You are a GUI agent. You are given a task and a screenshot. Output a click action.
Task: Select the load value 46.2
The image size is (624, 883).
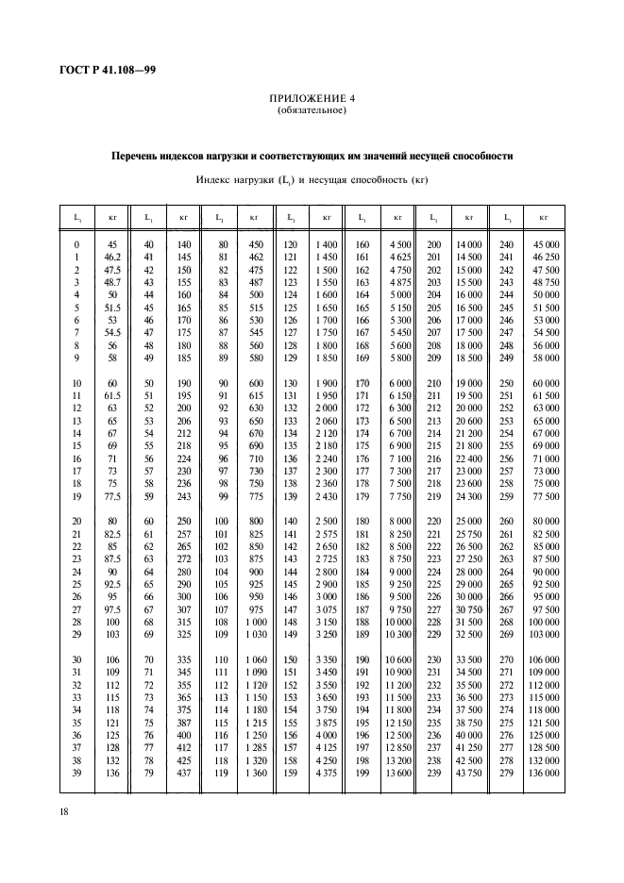(x=112, y=257)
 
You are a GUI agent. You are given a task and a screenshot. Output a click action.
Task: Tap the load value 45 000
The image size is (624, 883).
(x=545, y=244)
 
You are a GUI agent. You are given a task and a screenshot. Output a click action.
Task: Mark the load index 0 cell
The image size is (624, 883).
(x=76, y=244)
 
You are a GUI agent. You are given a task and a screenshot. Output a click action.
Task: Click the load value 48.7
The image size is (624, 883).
(x=112, y=281)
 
